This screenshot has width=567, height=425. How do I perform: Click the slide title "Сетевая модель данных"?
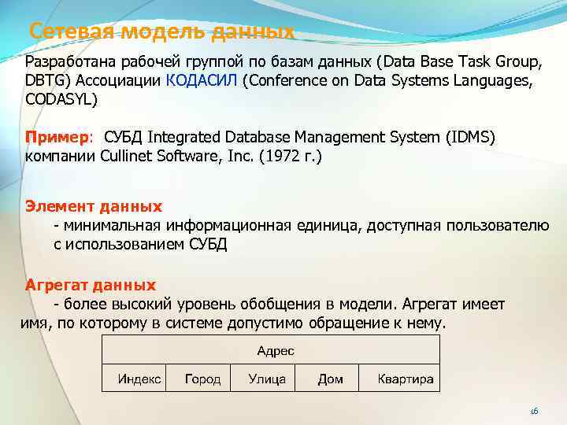point(161,32)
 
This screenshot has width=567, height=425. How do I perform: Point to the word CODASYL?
point(62,99)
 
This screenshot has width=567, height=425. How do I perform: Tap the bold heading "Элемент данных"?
point(94,206)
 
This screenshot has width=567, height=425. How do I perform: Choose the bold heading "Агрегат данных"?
point(91,285)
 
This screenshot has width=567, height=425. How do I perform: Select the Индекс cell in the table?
point(139,379)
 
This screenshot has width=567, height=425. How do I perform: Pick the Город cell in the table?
point(202,379)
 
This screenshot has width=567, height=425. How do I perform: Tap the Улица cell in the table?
point(267,379)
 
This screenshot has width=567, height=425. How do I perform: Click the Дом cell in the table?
point(330,379)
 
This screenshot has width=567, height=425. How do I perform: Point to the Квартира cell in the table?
point(405,379)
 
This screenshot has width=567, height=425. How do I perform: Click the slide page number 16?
point(533,411)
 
